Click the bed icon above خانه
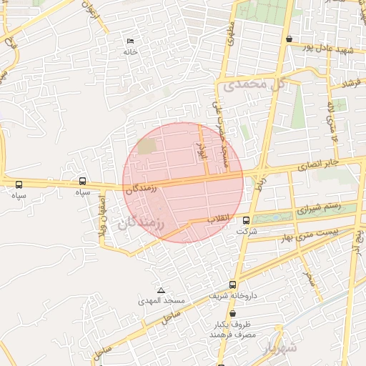coord(129,41)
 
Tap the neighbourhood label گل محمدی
coord(254,84)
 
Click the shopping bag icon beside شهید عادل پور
coord(289,39)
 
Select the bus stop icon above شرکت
coord(246,220)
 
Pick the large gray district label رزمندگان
coord(140,224)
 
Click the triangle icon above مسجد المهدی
coord(161,291)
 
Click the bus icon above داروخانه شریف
coord(232,285)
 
